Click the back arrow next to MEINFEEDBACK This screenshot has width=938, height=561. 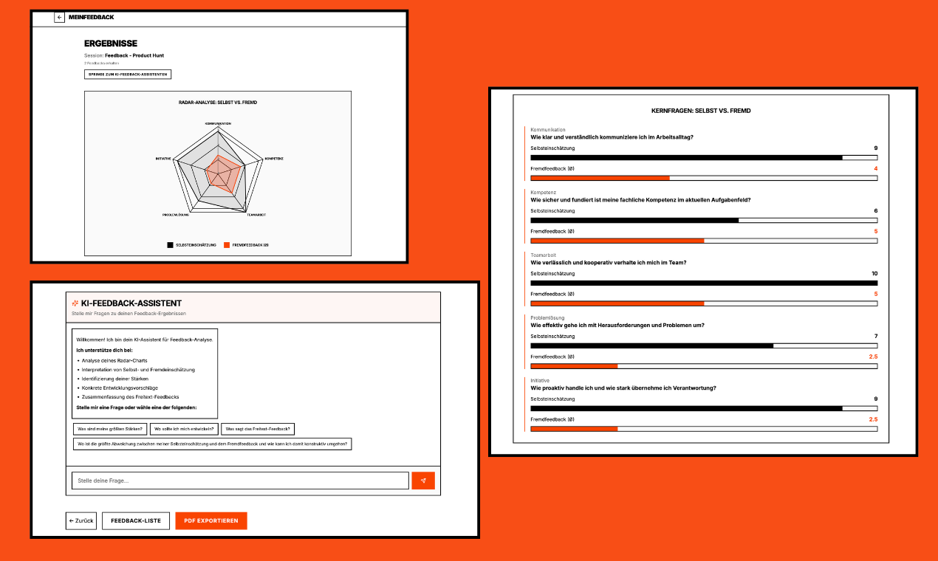(60, 17)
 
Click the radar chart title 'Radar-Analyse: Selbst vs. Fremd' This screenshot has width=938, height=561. (218, 102)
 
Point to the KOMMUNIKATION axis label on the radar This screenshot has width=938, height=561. (218, 123)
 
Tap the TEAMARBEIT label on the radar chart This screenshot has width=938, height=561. (256, 214)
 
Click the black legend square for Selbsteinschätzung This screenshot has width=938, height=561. (171, 244)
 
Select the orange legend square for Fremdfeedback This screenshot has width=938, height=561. (227, 244)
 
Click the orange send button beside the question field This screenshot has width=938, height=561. (423, 481)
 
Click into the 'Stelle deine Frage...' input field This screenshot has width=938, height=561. (240, 481)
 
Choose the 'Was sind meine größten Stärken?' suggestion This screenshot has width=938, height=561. (109, 429)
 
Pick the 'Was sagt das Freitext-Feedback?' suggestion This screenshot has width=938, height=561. (259, 429)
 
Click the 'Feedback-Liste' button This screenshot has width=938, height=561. (136, 521)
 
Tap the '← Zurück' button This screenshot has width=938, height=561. (81, 521)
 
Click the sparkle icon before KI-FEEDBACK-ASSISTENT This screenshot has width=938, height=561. (75, 303)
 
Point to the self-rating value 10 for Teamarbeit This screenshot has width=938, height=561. (874, 274)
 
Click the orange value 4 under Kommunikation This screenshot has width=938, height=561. (875, 169)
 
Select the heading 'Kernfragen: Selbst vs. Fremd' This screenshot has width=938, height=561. (701, 111)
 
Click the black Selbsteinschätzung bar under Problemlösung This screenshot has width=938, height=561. (651, 345)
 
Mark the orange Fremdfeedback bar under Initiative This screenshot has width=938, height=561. (574, 429)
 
